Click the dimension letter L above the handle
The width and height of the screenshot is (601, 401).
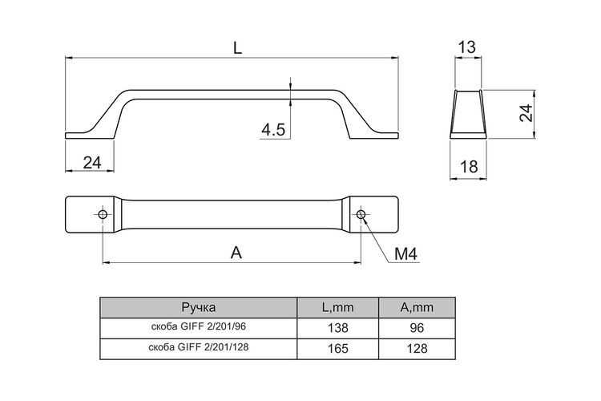coord(238,48)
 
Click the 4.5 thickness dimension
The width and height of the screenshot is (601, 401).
coord(273,130)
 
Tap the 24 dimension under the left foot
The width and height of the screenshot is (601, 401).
coord(92,163)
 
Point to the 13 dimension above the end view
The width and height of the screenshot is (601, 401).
coord(467,47)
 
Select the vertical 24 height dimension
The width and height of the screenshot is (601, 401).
coord(526,113)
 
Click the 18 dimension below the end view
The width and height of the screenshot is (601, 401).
coord(469,167)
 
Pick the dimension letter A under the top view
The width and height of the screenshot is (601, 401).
coord(236,253)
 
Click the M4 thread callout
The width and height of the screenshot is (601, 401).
coord(405,253)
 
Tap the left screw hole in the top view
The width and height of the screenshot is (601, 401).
coord(103,214)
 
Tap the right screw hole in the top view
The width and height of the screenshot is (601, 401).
coord(361,214)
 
